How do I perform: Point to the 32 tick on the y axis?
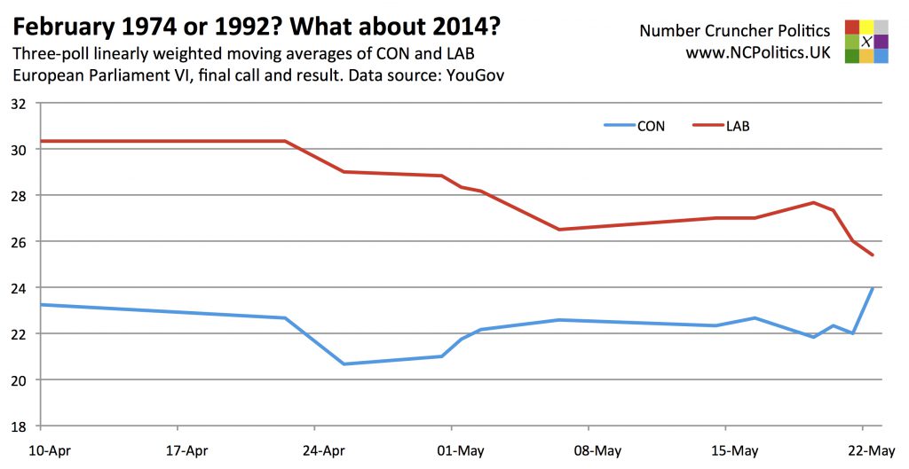pos(20,104)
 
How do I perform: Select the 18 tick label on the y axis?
pos(20,426)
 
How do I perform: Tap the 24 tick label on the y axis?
pos(20,288)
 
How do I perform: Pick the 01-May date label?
pos(458,449)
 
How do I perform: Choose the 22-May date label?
pos(872,449)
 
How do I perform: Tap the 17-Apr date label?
pos(186,449)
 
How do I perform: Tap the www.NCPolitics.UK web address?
pos(757,52)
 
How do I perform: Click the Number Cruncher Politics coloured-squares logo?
pos(867,42)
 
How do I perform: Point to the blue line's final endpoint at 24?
pos(873,288)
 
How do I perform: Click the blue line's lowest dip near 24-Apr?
pos(344,363)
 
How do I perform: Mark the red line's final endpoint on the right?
pos(873,255)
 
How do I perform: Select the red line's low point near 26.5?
pos(559,230)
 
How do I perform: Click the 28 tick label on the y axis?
pos(20,196)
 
